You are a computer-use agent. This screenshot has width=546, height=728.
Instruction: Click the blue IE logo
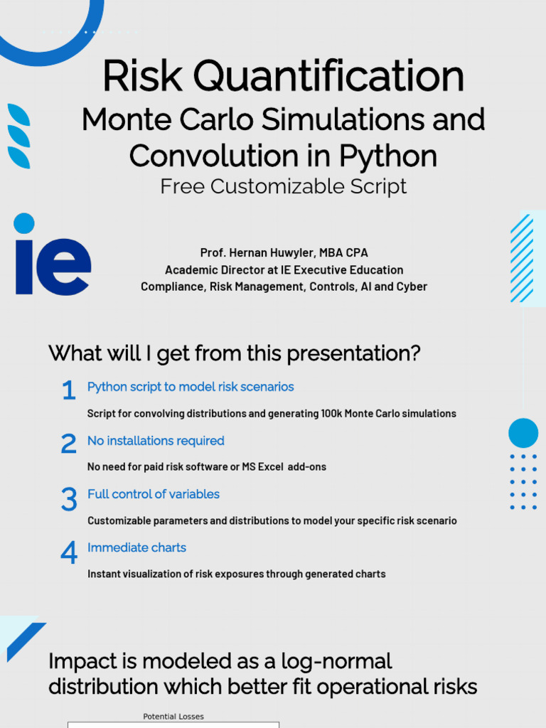(x=52, y=255)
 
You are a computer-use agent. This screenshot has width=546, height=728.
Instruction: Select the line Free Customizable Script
(x=283, y=186)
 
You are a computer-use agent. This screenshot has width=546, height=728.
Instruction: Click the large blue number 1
(x=68, y=391)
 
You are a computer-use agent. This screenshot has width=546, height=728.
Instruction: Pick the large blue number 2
(x=68, y=445)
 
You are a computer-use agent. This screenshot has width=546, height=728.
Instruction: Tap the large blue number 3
(x=68, y=500)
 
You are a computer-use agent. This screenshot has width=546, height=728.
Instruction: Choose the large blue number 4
(x=68, y=553)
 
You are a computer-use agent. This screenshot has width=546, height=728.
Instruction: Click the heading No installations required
(x=156, y=441)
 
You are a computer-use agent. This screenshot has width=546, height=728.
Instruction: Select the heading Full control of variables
(x=154, y=494)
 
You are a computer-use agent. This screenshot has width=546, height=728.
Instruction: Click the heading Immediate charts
(x=136, y=547)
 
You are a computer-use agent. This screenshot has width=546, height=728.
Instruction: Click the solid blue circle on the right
(x=523, y=433)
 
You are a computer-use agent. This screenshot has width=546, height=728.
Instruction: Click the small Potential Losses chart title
(x=173, y=717)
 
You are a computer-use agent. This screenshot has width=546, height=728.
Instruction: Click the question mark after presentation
(x=414, y=353)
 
